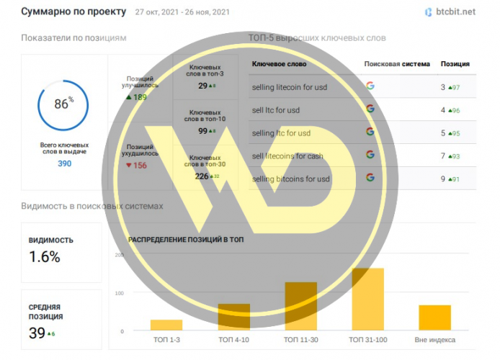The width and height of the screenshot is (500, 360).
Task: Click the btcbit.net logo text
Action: point(455,12)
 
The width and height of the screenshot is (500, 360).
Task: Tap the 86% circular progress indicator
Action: point(63,104)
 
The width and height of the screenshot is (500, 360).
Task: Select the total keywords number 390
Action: point(63,163)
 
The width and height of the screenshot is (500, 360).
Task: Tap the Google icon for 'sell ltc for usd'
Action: point(370,109)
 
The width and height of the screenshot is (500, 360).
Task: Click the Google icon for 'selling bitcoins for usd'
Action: point(370,178)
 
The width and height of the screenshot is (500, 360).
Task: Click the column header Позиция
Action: point(455,63)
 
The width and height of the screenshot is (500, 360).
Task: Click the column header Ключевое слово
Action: point(279,63)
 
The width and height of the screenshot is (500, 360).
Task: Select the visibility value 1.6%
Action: point(45,257)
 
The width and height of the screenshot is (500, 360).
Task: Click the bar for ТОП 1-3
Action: point(166,325)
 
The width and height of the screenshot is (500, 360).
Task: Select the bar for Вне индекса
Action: point(434,317)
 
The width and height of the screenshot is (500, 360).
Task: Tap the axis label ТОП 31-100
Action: point(368,340)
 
